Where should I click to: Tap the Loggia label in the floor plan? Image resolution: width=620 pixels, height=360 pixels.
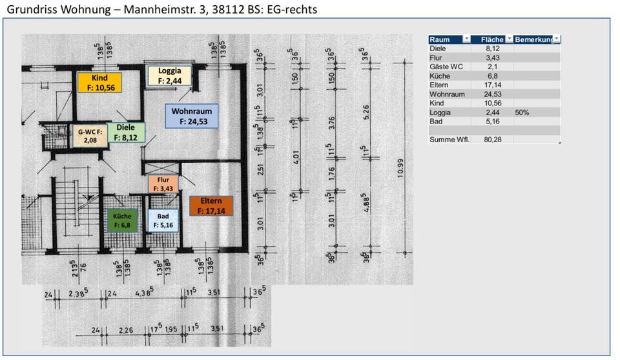170,76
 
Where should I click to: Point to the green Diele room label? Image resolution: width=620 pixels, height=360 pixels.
126,132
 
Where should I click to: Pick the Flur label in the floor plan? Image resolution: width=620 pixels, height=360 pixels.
163,184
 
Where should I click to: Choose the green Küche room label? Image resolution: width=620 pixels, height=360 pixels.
122,220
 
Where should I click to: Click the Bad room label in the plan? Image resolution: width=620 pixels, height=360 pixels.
164,220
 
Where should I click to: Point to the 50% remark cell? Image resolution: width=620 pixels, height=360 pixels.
522,112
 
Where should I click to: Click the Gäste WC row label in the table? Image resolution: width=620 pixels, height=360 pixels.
446,67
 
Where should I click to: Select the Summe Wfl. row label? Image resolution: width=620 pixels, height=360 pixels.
447,139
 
